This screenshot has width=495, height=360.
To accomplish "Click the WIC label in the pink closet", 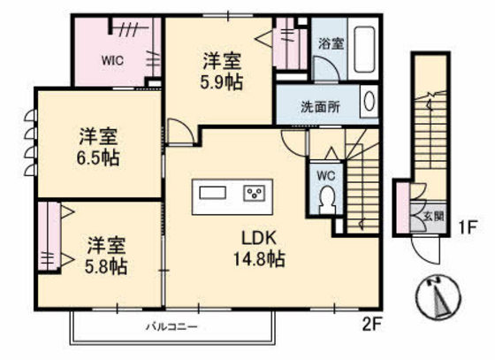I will (x=111, y=62).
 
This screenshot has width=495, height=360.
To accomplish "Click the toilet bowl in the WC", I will (x=327, y=202).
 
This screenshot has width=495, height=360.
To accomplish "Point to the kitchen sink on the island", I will (x=213, y=193).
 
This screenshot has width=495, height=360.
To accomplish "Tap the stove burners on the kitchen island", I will (x=256, y=193).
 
